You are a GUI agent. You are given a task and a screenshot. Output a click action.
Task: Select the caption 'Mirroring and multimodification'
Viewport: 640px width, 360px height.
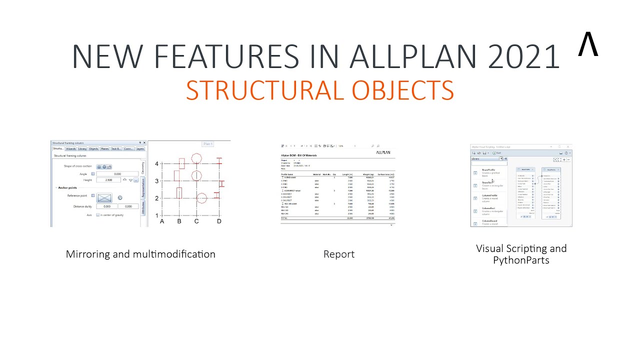click(x=140, y=254)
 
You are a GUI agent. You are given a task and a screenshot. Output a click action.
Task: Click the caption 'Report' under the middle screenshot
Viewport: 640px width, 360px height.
click(x=338, y=254)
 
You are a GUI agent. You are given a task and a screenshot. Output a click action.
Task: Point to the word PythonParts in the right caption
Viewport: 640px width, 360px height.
click(x=521, y=260)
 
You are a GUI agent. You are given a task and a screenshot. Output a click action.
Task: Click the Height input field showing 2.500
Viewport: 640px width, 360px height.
click(x=108, y=180)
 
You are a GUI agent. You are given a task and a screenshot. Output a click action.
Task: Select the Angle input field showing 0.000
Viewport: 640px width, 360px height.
click(x=117, y=174)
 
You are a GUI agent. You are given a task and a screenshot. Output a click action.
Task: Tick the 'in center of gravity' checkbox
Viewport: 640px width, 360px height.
click(x=97, y=215)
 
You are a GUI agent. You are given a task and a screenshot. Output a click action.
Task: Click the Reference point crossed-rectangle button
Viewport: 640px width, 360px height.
click(x=104, y=197)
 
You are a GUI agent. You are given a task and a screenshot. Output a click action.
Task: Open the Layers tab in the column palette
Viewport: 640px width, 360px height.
click(x=140, y=148)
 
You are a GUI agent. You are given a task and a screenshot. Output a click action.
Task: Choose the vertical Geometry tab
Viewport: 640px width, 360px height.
click(x=143, y=167)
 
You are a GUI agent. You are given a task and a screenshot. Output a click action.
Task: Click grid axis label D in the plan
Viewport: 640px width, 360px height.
click(x=219, y=221)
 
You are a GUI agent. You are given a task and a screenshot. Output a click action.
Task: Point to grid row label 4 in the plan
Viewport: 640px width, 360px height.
click(x=156, y=163)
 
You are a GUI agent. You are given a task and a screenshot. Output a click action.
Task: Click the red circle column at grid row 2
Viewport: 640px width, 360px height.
click(x=201, y=198)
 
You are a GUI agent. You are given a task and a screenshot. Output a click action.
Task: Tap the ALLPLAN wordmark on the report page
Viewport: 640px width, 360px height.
click(x=382, y=152)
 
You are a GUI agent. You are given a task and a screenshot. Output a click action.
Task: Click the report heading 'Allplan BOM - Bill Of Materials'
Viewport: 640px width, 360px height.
click(x=299, y=155)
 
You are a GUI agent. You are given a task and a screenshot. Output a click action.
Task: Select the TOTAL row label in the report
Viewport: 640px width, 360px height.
click(x=285, y=218)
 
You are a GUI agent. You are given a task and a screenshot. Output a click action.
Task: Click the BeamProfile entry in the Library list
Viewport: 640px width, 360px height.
click(x=488, y=170)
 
